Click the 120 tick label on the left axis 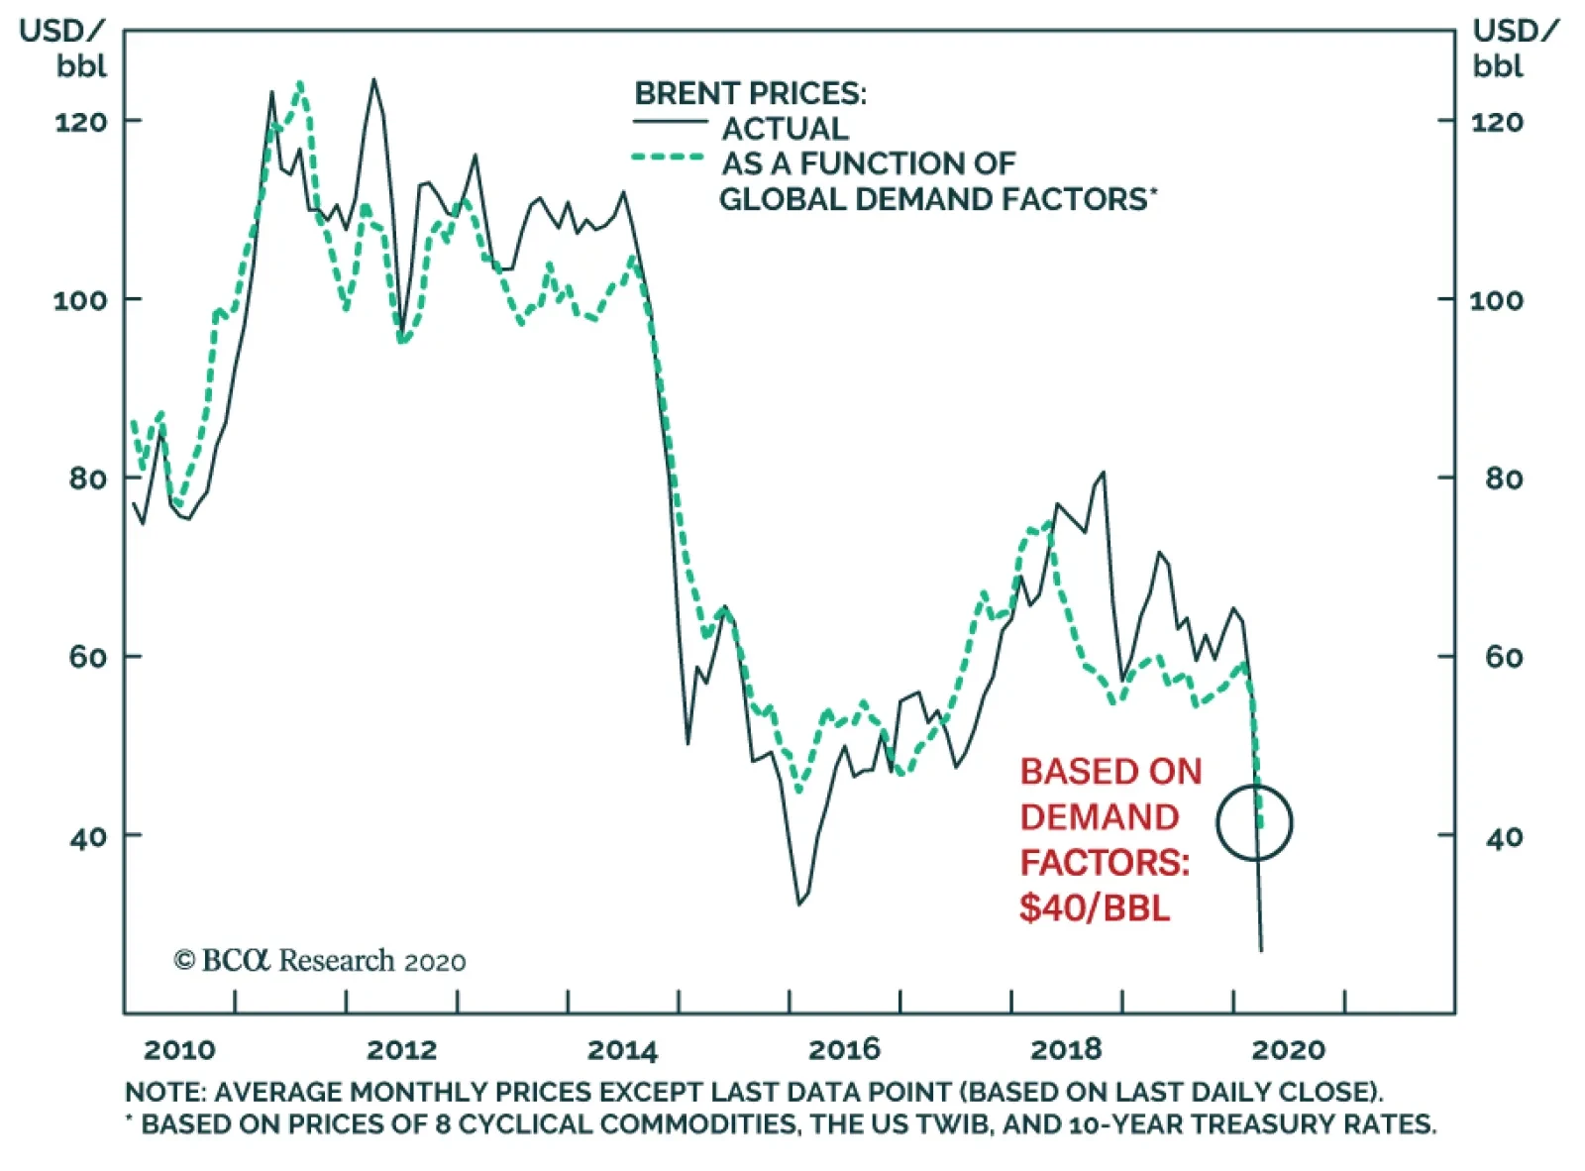pyautogui.click(x=80, y=122)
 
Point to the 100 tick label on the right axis pyautogui.click(x=1496, y=300)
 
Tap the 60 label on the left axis pyautogui.click(x=87, y=657)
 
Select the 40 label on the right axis pyautogui.click(x=1503, y=838)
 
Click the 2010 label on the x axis pyautogui.click(x=179, y=1049)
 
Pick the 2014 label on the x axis pyautogui.click(x=622, y=1049)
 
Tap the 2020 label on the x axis pyautogui.click(x=1288, y=1049)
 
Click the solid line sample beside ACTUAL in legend pyautogui.click(x=670, y=123)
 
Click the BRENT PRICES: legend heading pyautogui.click(x=750, y=93)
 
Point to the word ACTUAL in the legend pyautogui.click(x=785, y=129)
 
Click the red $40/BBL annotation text pyautogui.click(x=1095, y=907)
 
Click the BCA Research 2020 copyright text pyautogui.click(x=319, y=960)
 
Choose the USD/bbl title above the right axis pyautogui.click(x=1515, y=48)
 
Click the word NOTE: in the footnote pyautogui.click(x=164, y=1092)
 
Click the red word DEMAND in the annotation pyautogui.click(x=1100, y=817)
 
